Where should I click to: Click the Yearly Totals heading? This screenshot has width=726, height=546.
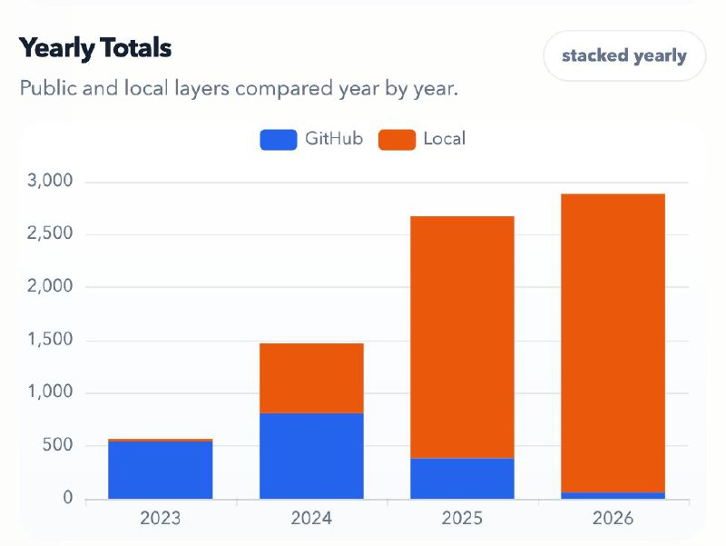pos(95,47)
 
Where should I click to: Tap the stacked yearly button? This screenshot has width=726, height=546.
pos(623,55)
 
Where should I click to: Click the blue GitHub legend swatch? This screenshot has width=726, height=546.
pos(278,139)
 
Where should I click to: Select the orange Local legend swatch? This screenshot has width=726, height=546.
pos(397,139)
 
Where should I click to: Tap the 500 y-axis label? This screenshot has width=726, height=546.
pos(58,446)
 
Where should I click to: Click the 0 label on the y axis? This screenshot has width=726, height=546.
pos(67,499)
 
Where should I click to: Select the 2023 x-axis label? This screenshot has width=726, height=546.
pos(160,519)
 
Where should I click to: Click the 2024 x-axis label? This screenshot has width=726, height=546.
pos(311,519)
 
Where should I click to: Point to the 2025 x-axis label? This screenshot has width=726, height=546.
pos(462,519)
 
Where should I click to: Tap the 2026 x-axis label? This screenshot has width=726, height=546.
pos(613,519)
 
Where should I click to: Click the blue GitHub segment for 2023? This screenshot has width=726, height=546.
pos(160,471)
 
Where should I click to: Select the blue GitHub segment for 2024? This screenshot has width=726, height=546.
pos(311,456)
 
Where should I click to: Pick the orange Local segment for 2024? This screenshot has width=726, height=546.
pos(311,378)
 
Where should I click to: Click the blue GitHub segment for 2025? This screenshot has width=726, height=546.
pos(462,479)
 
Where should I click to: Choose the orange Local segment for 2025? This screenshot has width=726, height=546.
pos(462,336)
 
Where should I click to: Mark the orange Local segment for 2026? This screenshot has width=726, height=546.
pos(613,342)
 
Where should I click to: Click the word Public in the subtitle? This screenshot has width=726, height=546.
pos(48,90)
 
